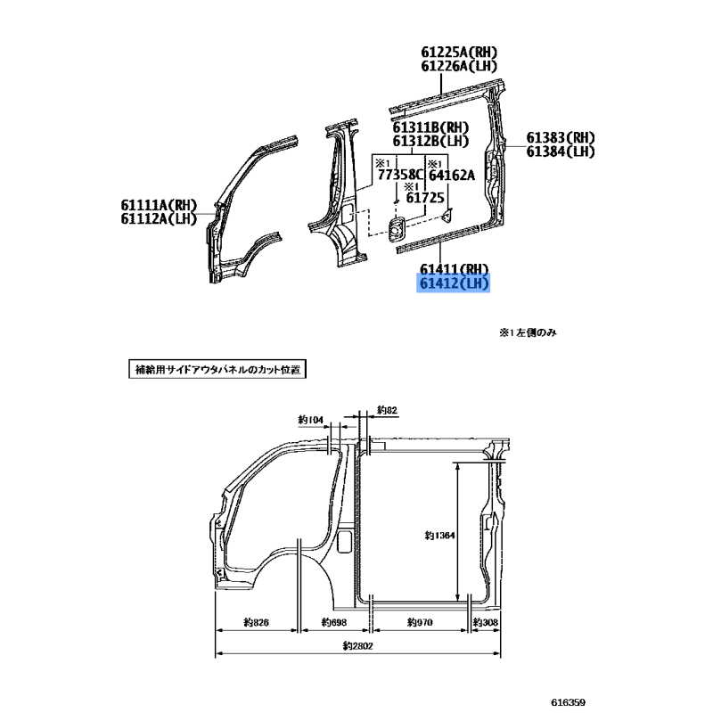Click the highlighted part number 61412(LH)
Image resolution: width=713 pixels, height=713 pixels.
(454, 283)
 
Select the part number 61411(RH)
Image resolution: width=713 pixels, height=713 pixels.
(454, 269)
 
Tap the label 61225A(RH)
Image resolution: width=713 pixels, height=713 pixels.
(459, 53)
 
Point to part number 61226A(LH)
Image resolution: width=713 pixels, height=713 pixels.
(459, 66)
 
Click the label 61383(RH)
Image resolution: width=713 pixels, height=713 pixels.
(561, 137)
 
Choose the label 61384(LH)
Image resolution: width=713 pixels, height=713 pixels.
(561, 152)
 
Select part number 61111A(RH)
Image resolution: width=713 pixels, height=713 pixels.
(159, 205)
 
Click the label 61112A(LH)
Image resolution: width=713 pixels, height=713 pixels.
(159, 218)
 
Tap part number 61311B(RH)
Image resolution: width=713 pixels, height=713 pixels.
(430, 127)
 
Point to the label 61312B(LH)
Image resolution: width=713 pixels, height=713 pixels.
(430, 142)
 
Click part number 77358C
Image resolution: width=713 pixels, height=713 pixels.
(400, 175)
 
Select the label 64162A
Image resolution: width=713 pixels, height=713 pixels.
(452, 175)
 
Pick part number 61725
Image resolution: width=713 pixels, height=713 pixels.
(425, 198)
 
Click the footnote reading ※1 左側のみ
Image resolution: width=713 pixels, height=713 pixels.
(528, 332)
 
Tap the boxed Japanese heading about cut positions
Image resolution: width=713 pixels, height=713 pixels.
(217, 369)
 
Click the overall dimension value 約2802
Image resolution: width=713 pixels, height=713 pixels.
(358, 645)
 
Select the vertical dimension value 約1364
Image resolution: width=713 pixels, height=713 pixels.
(439, 536)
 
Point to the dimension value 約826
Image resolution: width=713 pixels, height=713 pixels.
(256, 622)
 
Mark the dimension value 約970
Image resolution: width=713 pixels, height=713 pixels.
(420, 622)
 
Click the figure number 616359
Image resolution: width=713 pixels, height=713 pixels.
(568, 702)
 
